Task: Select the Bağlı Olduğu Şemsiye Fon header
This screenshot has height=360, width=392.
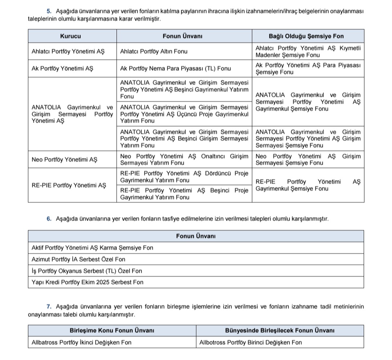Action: tap(306, 36)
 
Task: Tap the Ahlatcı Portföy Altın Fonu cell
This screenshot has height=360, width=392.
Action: tap(154, 52)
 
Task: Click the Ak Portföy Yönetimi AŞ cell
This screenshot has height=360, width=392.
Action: tap(62, 69)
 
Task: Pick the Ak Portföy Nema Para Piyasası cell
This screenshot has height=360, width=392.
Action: tap(175, 69)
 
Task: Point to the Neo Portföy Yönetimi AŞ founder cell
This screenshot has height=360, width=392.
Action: tap(65, 159)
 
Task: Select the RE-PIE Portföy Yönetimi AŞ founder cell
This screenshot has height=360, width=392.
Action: tap(69, 185)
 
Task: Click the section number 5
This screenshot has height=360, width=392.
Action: tap(49, 12)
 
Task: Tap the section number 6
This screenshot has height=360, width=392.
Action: tap(49, 219)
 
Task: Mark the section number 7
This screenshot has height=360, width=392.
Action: tap(49, 307)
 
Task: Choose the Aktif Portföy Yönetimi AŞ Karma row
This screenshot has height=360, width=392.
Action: tap(93, 248)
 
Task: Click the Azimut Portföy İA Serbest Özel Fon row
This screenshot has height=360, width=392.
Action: tap(78, 259)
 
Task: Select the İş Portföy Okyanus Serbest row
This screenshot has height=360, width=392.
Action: tap(87, 271)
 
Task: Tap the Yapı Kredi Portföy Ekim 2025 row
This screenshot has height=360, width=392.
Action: tap(87, 282)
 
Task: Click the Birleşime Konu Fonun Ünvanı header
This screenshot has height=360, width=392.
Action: tap(112, 330)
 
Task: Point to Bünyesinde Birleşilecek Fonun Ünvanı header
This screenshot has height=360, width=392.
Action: tap(279, 330)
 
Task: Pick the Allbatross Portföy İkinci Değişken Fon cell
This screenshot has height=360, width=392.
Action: tap(82, 342)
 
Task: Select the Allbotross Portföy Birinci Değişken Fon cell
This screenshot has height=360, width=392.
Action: tap(250, 342)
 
